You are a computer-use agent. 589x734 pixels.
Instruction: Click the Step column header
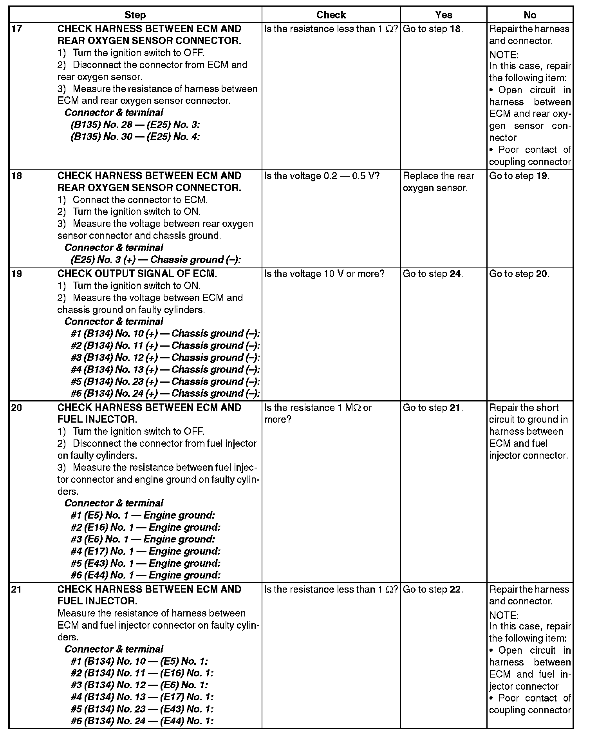click(135, 15)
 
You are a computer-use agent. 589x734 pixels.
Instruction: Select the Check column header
click(331, 15)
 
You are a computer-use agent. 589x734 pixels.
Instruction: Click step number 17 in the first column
click(16, 29)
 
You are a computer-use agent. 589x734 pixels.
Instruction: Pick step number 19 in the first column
click(16, 274)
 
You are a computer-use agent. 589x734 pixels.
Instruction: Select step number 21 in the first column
click(16, 589)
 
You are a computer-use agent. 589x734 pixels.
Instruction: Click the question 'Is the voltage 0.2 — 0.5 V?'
click(322, 176)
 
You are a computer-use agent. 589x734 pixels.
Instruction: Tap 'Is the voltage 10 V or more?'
click(325, 274)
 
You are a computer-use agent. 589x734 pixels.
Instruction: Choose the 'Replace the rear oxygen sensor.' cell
click(438, 182)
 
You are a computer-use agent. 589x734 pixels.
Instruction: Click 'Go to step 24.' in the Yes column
click(433, 274)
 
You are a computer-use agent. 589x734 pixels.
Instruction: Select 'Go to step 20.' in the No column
click(519, 274)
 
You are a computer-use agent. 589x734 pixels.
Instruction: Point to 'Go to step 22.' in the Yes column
click(433, 589)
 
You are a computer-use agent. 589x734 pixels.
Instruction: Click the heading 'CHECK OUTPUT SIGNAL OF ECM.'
click(137, 274)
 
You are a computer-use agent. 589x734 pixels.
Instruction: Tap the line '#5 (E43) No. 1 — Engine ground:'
click(146, 563)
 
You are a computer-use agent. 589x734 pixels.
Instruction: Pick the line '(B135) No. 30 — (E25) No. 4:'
click(136, 137)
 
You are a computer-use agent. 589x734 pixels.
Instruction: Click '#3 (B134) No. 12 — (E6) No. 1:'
click(139, 685)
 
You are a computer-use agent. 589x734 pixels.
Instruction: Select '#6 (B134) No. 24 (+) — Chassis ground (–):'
click(165, 394)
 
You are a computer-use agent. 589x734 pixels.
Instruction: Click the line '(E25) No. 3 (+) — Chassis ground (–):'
click(156, 260)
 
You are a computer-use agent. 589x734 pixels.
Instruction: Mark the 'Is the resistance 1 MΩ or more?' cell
click(318, 414)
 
